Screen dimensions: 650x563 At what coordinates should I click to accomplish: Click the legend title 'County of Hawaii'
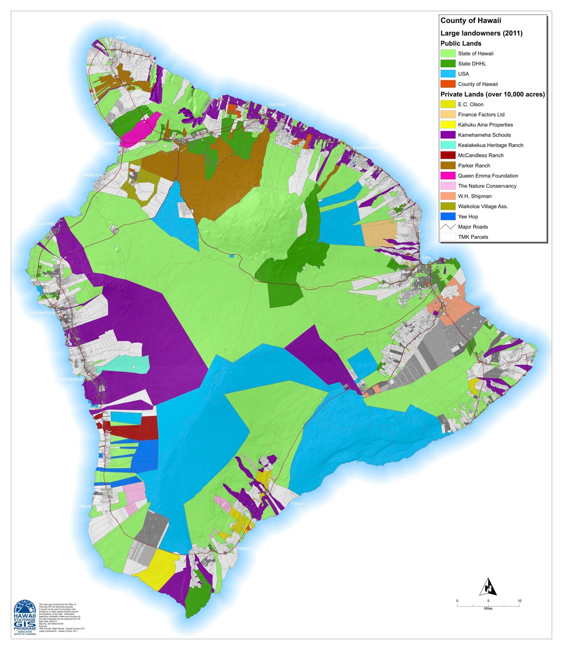[471, 21]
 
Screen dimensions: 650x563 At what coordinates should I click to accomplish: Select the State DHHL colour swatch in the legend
[448, 63]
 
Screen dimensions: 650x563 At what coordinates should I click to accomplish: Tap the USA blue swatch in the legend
[448, 74]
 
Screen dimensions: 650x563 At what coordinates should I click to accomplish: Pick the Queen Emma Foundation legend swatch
[448, 176]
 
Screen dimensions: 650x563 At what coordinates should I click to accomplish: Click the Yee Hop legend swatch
[448, 216]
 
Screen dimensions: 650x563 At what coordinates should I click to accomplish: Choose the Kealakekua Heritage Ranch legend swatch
[448, 145]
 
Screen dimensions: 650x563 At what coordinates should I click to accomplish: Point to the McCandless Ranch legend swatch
[448, 155]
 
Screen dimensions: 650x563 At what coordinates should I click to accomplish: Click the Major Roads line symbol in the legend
[448, 226]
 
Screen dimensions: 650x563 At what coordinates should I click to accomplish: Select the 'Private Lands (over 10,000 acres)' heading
[492, 94]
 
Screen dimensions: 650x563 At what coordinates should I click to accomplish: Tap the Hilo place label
[426, 258]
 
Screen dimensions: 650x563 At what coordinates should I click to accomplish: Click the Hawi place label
[121, 38]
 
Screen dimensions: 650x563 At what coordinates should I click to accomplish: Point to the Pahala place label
[298, 504]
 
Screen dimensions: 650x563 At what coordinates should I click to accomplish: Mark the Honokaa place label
[277, 105]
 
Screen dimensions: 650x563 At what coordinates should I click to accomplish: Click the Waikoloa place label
[93, 175]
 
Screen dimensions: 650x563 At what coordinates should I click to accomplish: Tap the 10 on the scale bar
[519, 601]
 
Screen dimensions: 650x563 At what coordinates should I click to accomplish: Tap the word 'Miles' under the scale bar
[488, 608]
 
